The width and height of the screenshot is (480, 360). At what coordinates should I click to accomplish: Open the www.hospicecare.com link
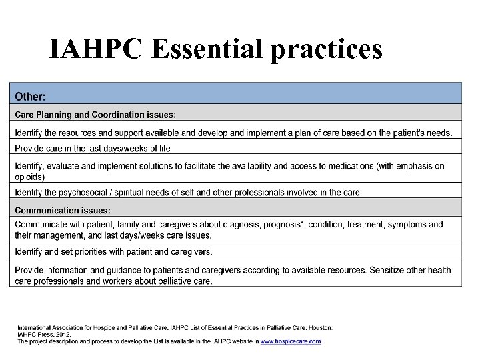290,341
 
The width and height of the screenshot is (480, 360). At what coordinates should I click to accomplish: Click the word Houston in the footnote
318,327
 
